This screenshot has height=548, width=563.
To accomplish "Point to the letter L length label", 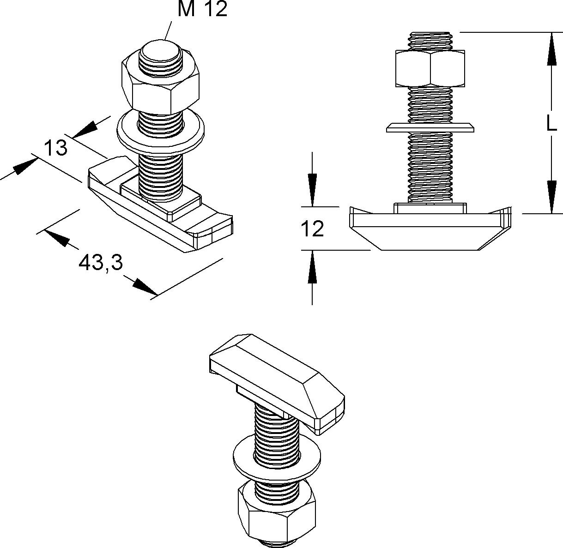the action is [552, 123].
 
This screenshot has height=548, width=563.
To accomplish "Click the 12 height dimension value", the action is [312, 229].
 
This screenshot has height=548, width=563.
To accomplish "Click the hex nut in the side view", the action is [430, 68].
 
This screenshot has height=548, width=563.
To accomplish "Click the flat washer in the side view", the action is [430, 128].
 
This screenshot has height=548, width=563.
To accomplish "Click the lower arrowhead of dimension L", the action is [552, 197].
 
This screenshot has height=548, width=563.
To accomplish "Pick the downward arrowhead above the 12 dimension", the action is [312, 190].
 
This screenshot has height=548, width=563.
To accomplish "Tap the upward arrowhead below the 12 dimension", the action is [312, 267].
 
